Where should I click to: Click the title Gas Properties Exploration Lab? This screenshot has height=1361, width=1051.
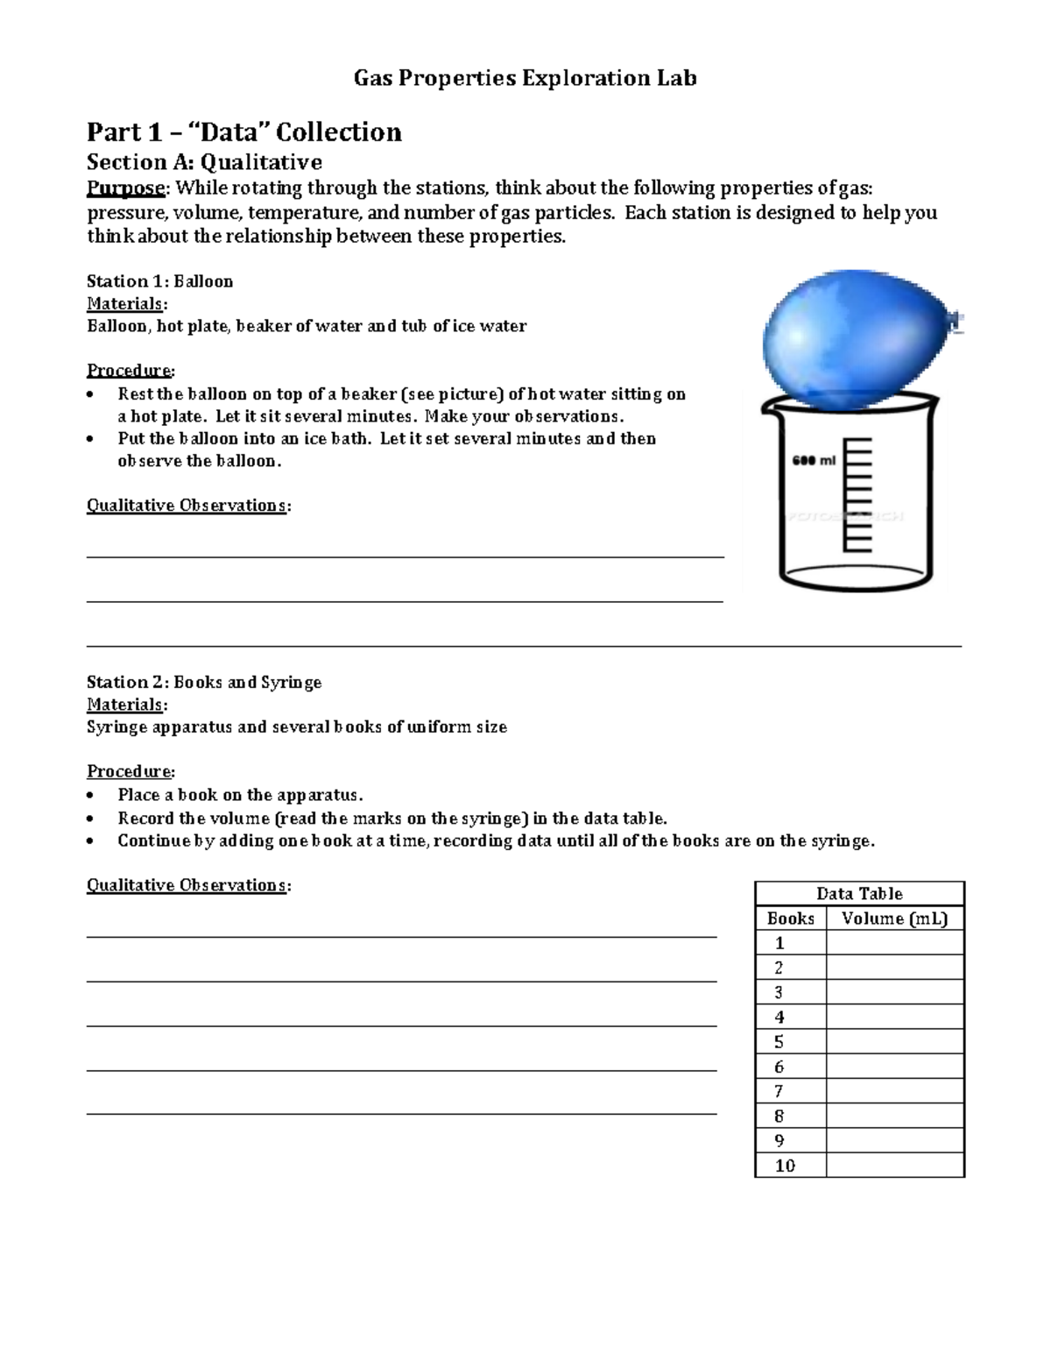(x=525, y=79)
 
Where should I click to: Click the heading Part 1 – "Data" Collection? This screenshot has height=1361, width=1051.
(x=243, y=132)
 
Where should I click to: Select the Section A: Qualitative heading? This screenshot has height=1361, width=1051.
(x=204, y=162)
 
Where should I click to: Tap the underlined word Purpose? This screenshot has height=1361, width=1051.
(x=126, y=188)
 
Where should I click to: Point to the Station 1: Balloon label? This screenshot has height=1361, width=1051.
(x=159, y=281)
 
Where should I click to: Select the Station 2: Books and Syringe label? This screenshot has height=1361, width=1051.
(x=204, y=682)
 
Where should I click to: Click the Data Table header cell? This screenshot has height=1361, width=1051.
(x=859, y=894)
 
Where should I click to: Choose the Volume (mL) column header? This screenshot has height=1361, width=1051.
(x=894, y=918)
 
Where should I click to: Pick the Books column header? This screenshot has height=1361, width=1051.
(x=790, y=918)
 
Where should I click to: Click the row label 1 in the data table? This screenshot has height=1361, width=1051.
(x=779, y=943)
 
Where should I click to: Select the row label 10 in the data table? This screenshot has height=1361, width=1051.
(x=785, y=1166)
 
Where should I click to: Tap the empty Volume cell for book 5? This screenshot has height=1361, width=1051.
(x=894, y=1042)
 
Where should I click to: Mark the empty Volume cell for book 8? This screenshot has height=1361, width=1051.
(x=894, y=1116)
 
